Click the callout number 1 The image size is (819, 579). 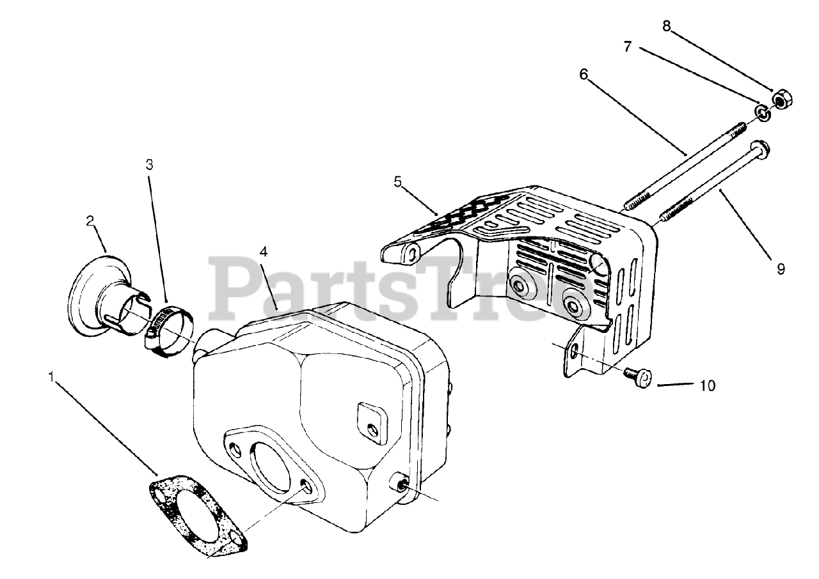coord(51,377)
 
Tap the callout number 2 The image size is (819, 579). coord(90,221)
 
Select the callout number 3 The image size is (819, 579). coord(149,164)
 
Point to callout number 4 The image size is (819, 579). coord(263,251)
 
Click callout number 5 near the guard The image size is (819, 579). coord(398,181)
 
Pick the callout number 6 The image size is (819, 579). coord(583,74)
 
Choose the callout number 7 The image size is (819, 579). coord(628,47)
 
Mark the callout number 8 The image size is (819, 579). coord(667,26)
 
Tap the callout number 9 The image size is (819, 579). coord(780,269)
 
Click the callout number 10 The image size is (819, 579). coord(708,385)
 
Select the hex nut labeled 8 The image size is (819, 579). coord(782,101)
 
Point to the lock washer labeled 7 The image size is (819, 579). coord(762,113)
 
